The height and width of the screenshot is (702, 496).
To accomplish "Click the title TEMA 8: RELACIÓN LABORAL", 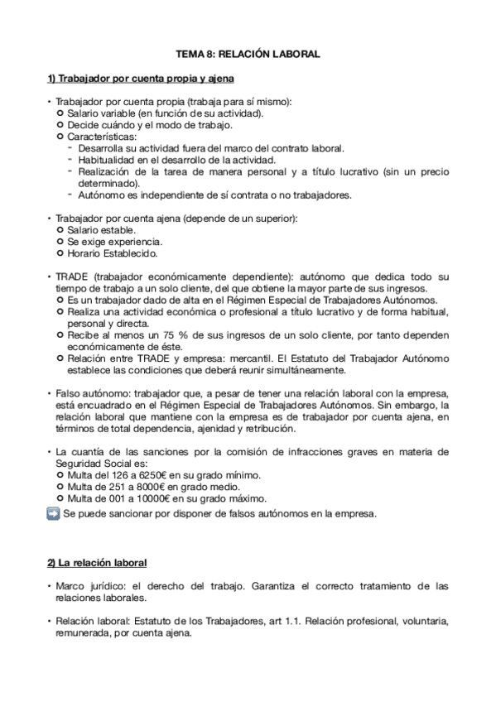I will pyautogui.click(x=248, y=54).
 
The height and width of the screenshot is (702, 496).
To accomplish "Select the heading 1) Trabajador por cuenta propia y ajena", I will pyautogui.click(x=141, y=79).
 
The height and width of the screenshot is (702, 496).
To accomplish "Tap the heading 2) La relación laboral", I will pyautogui.click(x=96, y=563).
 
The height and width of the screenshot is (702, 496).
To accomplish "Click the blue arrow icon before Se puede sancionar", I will pyautogui.click(x=53, y=513).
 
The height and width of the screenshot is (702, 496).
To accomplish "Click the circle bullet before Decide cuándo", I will pyautogui.click(x=60, y=125).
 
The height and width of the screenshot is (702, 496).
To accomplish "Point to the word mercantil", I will pyautogui.click(x=249, y=358).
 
